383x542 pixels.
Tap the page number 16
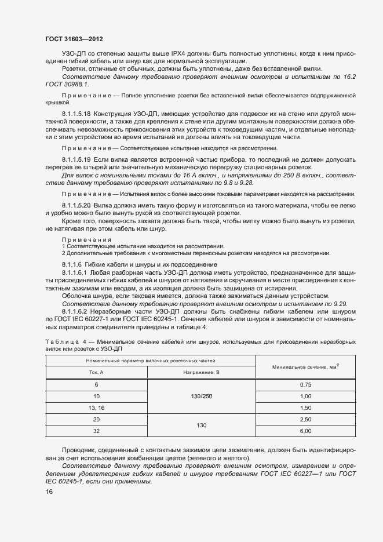49,492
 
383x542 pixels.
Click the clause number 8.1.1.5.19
77,158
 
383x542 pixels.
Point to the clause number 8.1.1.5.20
77,205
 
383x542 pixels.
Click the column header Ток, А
97,372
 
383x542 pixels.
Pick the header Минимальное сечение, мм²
306,366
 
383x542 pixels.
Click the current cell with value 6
97,385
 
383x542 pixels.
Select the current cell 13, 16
97,408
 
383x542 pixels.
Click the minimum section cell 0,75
306,385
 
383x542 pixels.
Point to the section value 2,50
306,419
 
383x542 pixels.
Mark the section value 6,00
306,431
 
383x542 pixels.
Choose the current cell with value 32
97,431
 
